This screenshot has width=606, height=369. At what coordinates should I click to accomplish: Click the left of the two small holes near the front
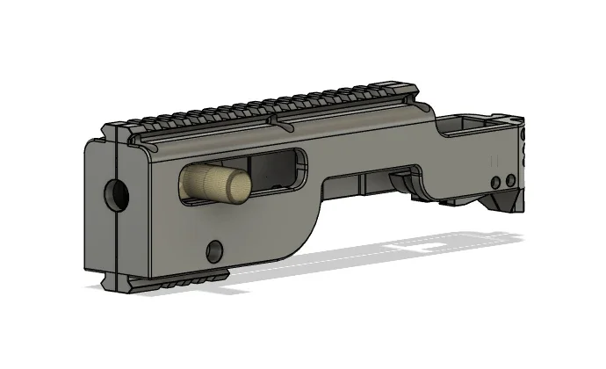(x=496, y=181)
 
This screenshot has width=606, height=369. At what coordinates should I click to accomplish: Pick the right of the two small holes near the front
(x=510, y=180)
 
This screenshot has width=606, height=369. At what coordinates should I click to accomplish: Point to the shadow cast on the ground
(x=395, y=255)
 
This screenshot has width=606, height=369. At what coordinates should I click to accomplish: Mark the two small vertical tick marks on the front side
(x=493, y=162)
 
